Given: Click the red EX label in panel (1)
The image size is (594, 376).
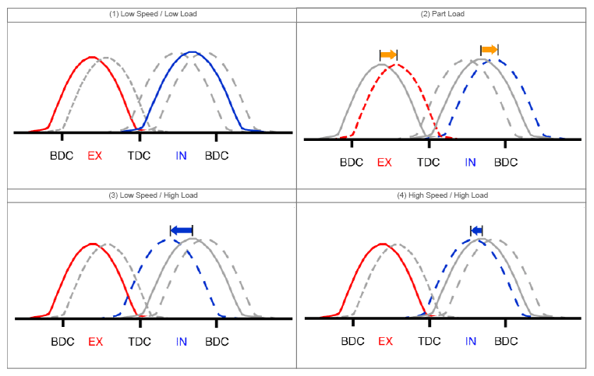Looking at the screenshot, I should click(x=94, y=156).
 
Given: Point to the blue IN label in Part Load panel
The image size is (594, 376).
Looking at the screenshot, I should click(x=470, y=163).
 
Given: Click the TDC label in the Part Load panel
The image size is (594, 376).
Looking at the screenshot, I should click(x=428, y=163).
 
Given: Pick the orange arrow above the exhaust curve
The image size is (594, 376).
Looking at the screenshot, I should click(x=388, y=54).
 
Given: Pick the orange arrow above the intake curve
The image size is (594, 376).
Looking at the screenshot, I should click(x=489, y=50).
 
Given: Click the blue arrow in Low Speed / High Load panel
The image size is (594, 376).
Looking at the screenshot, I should click(x=181, y=229).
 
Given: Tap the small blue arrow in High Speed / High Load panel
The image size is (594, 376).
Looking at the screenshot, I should click(x=477, y=230).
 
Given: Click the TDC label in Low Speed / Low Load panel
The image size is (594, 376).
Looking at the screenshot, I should click(x=140, y=156).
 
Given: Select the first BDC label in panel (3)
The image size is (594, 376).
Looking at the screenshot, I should click(x=62, y=341).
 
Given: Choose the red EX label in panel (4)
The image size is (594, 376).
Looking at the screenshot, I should click(x=384, y=341).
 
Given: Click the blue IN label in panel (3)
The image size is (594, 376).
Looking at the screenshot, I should click(x=181, y=341).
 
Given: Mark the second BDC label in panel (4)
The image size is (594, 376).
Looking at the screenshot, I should click(x=506, y=341).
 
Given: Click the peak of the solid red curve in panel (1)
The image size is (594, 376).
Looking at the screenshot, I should click(x=92, y=57).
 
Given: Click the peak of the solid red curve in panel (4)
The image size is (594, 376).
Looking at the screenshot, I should click(x=382, y=243).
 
